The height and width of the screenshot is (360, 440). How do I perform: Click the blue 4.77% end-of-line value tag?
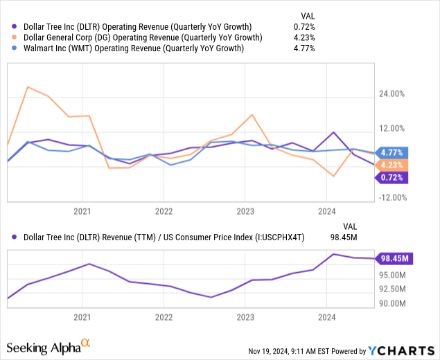pos(393,152)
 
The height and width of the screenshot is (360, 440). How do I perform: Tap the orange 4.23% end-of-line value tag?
pos(393,165)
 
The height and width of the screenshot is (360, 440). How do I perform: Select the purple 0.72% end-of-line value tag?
pos(393,177)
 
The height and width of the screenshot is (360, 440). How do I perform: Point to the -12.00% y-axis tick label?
pos(394,197)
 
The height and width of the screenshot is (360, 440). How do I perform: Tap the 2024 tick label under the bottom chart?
pos(326,318)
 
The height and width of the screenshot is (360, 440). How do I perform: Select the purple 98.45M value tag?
pos(395,259)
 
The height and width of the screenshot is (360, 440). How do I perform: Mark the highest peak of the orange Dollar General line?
pos(27,87)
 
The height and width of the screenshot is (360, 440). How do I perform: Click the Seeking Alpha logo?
pos(49,345)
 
